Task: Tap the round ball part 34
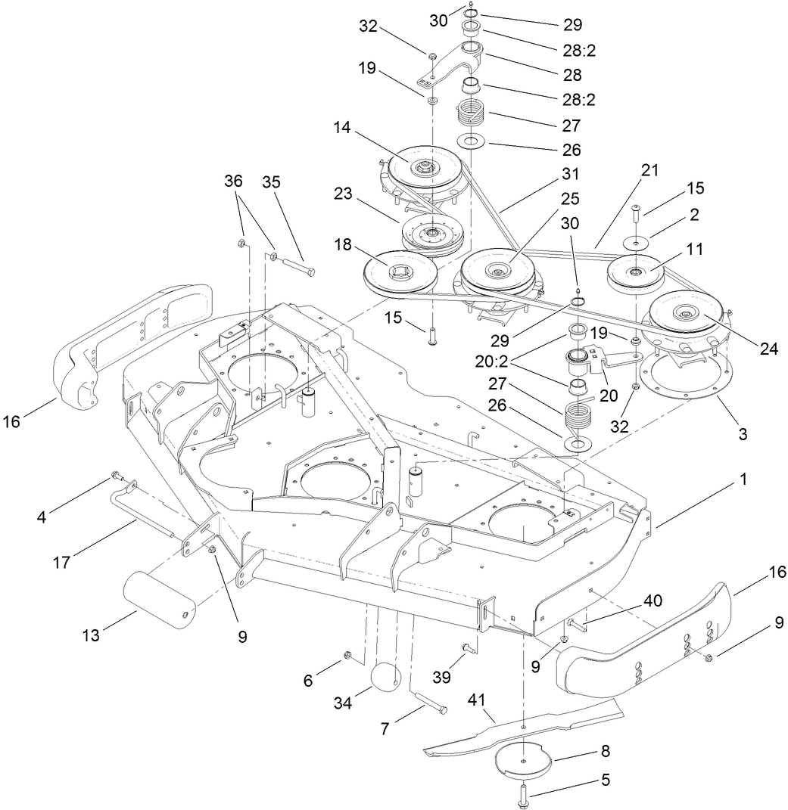387,675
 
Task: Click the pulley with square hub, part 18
397,272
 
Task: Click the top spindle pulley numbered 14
422,166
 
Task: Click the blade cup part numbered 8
523,759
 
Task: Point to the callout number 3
743,434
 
